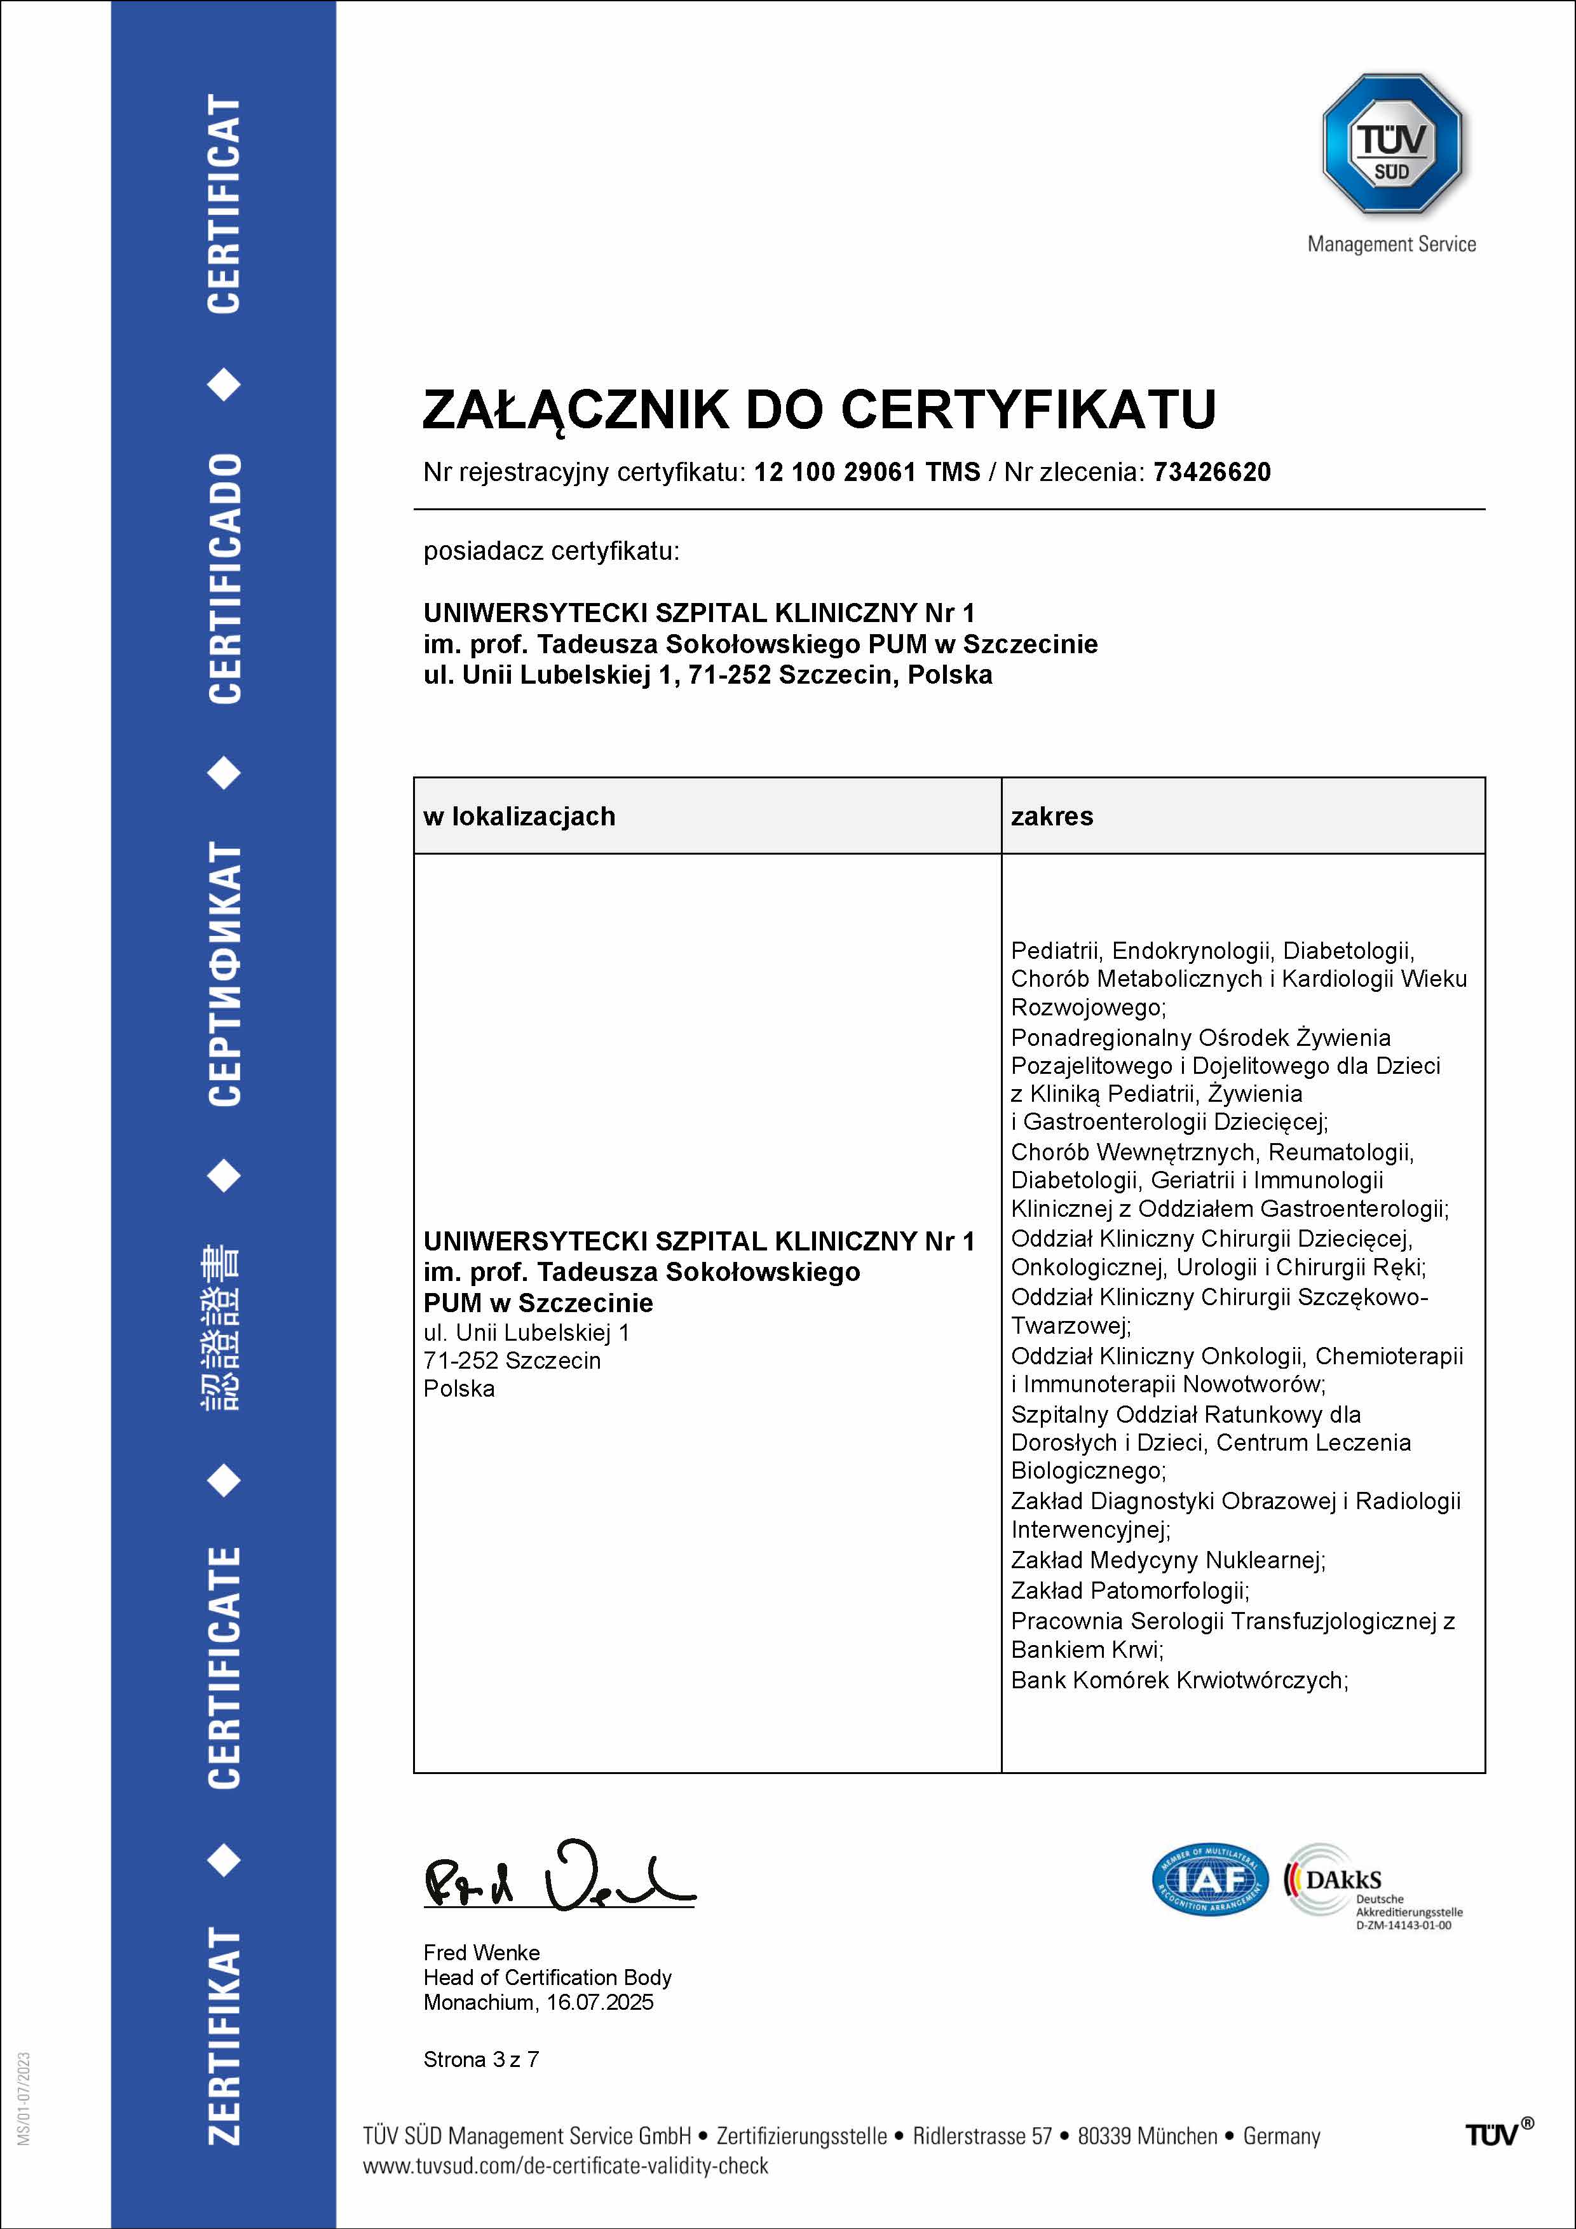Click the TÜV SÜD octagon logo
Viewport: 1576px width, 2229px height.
pos(1392,144)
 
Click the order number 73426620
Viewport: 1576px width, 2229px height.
pos(1212,473)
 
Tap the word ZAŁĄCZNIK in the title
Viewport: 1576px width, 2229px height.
pos(574,410)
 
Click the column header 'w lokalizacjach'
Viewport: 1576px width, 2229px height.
pos(519,816)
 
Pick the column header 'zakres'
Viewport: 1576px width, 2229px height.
pos(1052,816)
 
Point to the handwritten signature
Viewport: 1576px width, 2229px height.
pos(559,1878)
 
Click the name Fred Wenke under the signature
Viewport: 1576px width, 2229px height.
pos(482,1953)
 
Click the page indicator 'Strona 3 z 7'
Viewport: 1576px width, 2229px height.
pos(480,2059)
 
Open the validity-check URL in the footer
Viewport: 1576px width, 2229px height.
pos(565,2166)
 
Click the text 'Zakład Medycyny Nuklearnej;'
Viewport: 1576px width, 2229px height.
pos(1167,1560)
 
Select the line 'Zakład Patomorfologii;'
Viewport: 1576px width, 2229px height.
pos(1129,1590)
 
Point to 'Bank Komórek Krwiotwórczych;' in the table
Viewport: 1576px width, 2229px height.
pos(1179,1681)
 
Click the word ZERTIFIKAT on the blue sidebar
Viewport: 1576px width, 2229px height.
pos(224,2036)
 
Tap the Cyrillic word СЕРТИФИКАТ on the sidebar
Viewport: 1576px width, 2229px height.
pos(224,973)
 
